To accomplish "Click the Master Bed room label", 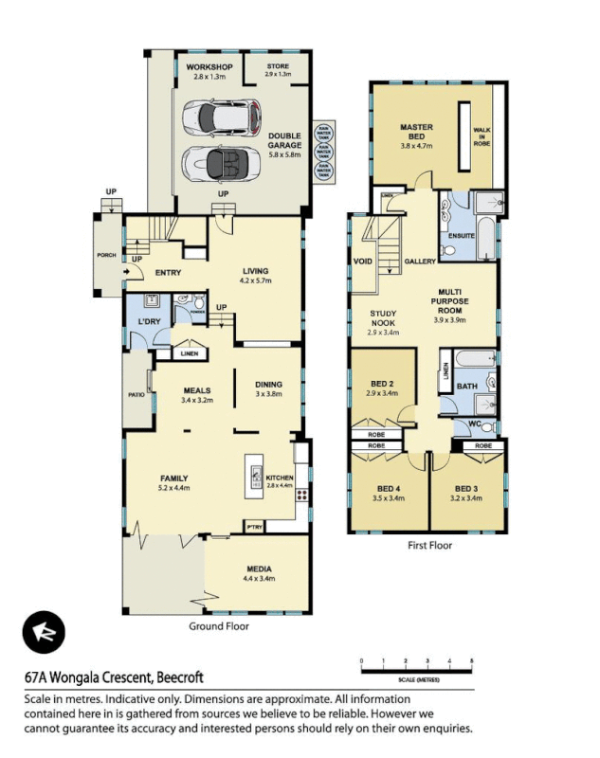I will (416, 132).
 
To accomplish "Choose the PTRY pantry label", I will (254, 526).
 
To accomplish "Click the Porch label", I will (107, 255).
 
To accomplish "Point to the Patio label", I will (135, 395).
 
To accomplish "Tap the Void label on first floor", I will (362, 260).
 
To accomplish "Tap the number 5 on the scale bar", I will (471, 659).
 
